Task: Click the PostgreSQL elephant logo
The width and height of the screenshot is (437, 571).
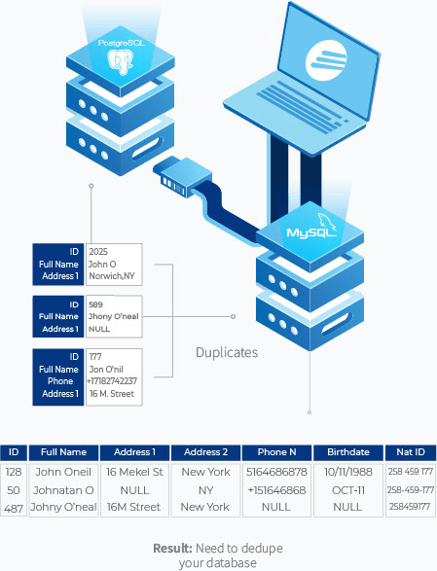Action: tap(121, 61)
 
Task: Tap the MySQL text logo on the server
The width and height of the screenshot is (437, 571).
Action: tap(310, 232)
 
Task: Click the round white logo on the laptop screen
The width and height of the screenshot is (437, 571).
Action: tap(325, 59)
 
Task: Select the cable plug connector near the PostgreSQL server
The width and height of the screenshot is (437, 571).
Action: tap(182, 177)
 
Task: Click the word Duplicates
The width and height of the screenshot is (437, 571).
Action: tap(227, 352)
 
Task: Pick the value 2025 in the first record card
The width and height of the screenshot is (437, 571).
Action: tap(98, 252)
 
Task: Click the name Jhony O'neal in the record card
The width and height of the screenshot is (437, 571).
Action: tap(114, 316)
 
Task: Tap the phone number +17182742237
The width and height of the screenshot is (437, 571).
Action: tap(112, 381)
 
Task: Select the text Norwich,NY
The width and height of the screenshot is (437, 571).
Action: tap(112, 276)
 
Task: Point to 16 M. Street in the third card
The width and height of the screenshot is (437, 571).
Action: tap(112, 394)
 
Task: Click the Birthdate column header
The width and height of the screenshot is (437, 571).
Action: tap(348, 452)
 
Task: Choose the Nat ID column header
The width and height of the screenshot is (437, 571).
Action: tap(411, 452)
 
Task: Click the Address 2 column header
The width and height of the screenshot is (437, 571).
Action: tap(206, 452)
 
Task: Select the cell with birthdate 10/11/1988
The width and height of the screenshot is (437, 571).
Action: tap(348, 472)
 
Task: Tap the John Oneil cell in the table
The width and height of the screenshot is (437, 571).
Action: tap(63, 472)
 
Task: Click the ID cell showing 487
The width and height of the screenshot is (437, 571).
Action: tap(14, 507)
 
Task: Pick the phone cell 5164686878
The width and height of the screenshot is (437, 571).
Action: tap(276, 472)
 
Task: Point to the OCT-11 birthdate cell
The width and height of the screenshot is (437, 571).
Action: tap(348, 490)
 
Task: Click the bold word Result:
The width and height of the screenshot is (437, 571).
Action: tap(172, 548)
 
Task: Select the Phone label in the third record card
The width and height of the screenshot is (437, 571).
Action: tap(60, 381)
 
